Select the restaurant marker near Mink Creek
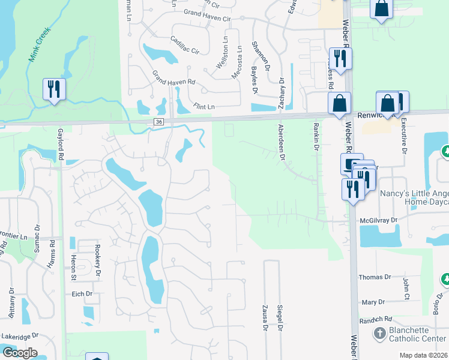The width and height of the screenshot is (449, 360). (x=54, y=89)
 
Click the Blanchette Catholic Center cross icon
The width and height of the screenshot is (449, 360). (x=379, y=333)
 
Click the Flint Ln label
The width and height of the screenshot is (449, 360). (x=203, y=107)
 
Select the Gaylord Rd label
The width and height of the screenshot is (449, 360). (x=61, y=144)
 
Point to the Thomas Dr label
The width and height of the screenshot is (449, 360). (x=375, y=277)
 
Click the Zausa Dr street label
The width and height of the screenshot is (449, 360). (x=264, y=317)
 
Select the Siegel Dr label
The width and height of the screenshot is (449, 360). (x=280, y=317)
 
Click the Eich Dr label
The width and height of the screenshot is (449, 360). (x=81, y=294)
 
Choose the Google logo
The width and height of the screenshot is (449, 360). (x=19, y=353)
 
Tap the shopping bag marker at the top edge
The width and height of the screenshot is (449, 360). (x=381, y=9)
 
